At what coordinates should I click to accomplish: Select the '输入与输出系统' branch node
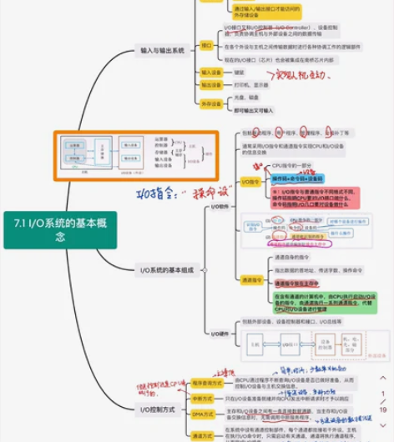[x=162, y=51]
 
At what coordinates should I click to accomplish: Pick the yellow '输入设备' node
[x=210, y=73]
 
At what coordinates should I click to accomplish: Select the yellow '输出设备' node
[x=210, y=85]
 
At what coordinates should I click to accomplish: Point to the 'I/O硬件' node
[x=219, y=334]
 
